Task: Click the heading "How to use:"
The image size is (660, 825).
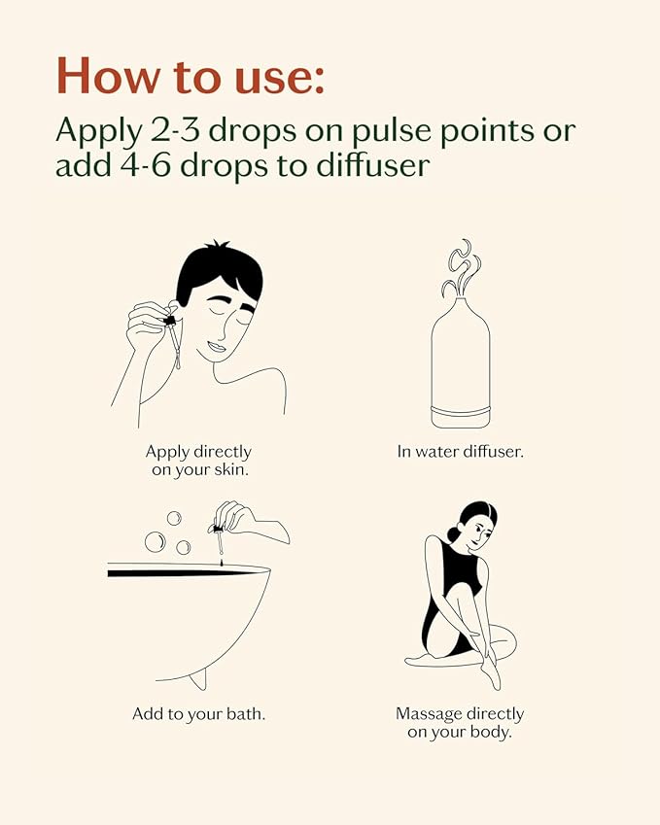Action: click(190, 77)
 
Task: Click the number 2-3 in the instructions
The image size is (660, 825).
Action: click(175, 130)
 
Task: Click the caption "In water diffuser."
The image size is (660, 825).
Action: click(461, 452)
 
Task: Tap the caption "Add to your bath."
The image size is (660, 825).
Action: click(199, 714)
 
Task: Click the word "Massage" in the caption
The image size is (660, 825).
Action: click(429, 714)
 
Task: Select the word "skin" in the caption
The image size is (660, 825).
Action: click(231, 469)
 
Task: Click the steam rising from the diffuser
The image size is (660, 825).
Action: click(462, 268)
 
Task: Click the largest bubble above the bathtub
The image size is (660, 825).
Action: click(155, 542)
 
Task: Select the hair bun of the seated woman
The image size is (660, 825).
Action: click(453, 534)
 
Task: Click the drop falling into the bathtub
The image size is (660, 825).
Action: click(222, 563)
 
